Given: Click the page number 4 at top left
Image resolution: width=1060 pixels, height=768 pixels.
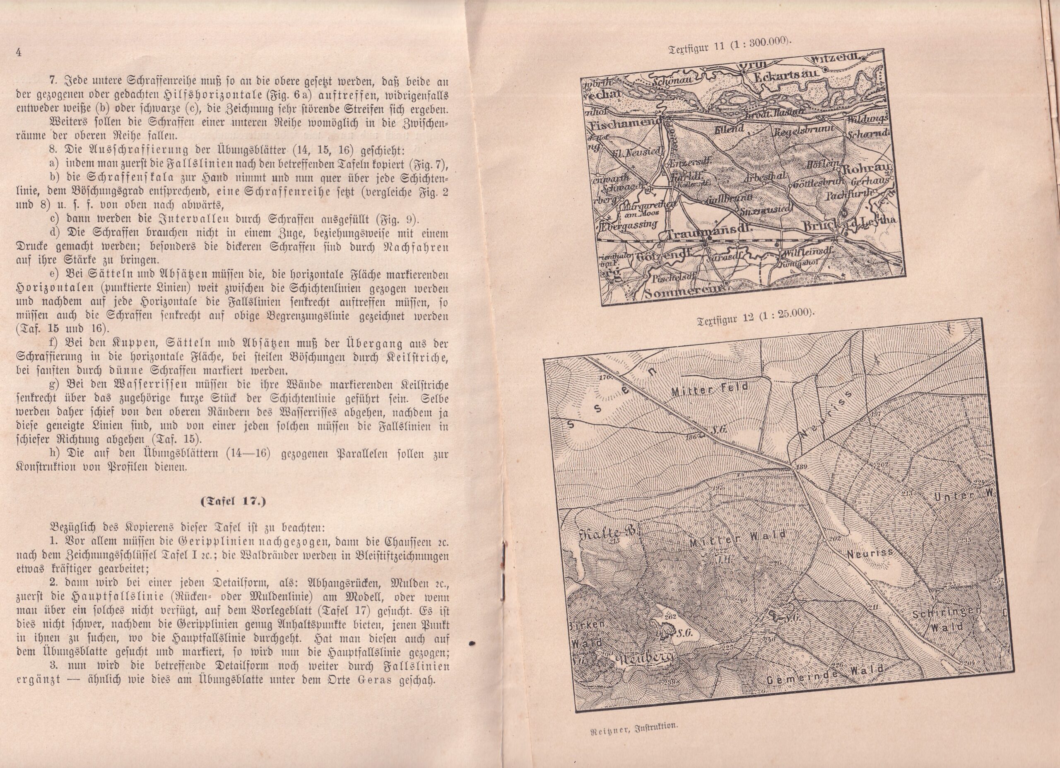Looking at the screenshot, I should pos(19,52).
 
